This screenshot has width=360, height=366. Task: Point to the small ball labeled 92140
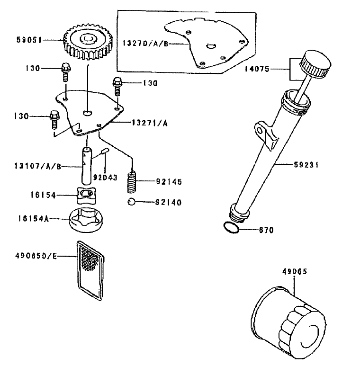tap(132, 202)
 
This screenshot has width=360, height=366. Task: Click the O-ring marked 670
tap(231, 228)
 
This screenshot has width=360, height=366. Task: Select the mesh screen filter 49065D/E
tap(90, 269)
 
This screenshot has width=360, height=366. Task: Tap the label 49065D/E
tap(36, 256)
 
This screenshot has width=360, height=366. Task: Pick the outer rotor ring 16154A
tap(86, 221)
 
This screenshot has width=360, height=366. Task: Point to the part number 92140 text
tap(169, 203)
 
